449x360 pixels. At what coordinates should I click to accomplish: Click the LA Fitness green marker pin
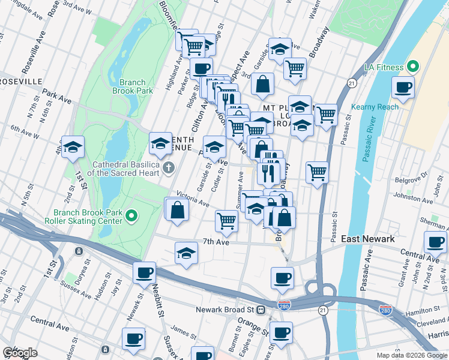point(412,66)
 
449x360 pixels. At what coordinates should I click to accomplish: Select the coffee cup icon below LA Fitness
point(403,88)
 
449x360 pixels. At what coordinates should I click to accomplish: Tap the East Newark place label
point(368,239)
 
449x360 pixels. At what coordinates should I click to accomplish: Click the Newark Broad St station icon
point(261,310)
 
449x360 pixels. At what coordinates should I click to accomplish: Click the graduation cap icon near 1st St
point(73,146)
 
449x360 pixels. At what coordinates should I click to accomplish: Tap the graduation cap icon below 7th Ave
point(187,253)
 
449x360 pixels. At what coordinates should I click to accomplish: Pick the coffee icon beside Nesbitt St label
point(144,272)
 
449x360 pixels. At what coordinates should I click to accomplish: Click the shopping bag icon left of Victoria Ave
point(178,210)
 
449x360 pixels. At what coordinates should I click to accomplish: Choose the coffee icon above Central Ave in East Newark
point(435,242)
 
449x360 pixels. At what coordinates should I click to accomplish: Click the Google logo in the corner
point(20,353)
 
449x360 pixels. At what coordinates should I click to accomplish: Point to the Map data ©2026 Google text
point(411,355)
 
